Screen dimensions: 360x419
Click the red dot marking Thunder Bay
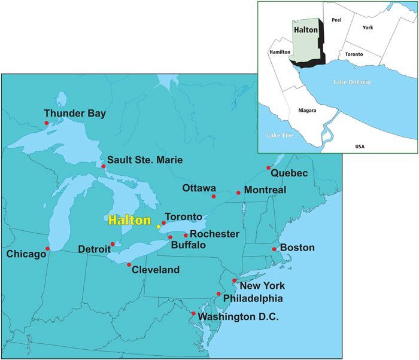tap(47, 123)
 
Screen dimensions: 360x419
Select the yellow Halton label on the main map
tap(129, 220)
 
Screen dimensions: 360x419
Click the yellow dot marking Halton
tap(158, 227)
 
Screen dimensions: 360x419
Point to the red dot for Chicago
tap(48, 249)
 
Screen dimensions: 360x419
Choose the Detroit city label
tap(93, 248)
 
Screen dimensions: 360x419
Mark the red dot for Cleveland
tap(129, 264)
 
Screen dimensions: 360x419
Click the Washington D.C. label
tap(238, 317)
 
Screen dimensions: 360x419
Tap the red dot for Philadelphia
tap(219, 294)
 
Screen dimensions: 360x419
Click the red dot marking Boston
tap(274, 249)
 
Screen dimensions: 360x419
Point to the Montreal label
tap(265, 190)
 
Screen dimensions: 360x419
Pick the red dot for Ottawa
tap(214, 196)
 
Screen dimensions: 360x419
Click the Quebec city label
tap(289, 173)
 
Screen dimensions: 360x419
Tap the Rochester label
tap(215, 234)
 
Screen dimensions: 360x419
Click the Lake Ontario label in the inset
tap(353, 81)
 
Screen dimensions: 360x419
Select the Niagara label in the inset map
tap(308, 110)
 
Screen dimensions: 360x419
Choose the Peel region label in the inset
tap(336, 20)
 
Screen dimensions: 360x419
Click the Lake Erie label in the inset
tap(278, 135)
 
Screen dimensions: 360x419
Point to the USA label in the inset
tap(360, 147)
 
